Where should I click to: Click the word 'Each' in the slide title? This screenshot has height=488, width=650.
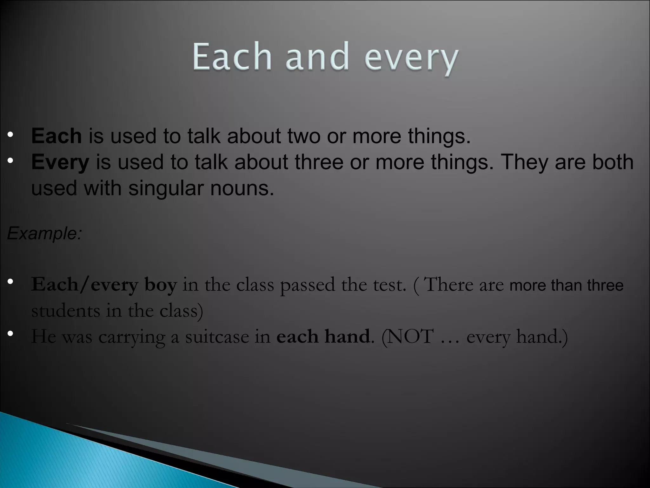[232, 57]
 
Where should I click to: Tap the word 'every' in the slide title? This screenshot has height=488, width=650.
[411, 59]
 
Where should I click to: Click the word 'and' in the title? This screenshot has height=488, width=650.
[317, 57]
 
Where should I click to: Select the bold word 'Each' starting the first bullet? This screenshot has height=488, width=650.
[56, 136]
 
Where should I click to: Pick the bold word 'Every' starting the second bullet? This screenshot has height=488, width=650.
[60, 162]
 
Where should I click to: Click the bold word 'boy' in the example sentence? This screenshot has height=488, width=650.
[161, 285]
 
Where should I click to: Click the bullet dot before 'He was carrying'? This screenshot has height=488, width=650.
[10, 333]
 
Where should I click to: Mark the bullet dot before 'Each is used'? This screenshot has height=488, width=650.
[10, 135]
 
